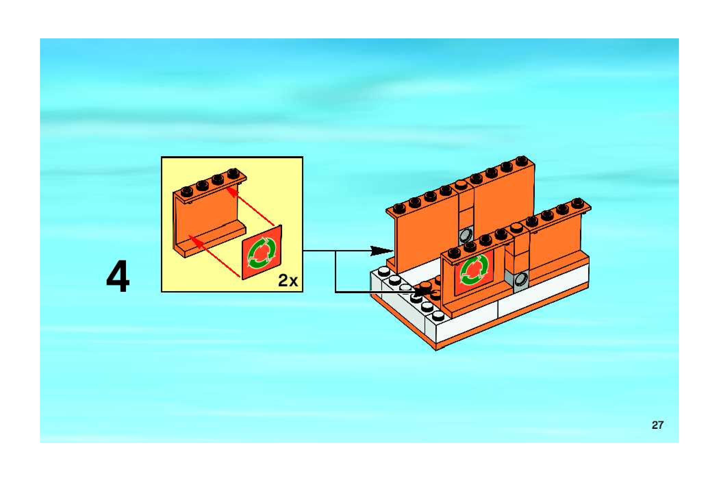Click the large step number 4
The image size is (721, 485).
point(118,276)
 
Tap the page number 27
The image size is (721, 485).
point(657,425)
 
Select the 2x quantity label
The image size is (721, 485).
point(288,281)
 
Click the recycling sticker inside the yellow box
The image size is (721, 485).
point(262,253)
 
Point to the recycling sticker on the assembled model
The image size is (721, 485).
point(474,271)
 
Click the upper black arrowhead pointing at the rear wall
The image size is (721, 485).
point(382,251)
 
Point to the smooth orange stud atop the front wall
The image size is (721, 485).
point(516,227)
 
